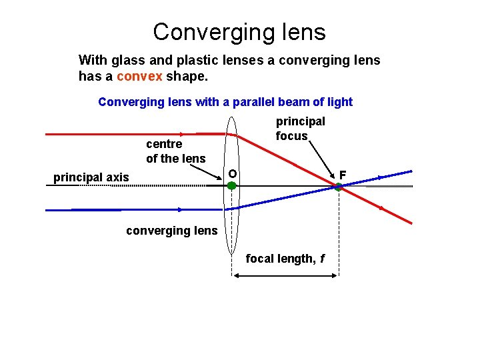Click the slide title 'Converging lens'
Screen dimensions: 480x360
point(239,31)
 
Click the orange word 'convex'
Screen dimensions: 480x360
point(138,77)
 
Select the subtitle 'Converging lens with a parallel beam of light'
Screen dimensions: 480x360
point(225,102)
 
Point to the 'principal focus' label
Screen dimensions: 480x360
point(300,129)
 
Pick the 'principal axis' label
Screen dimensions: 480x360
point(91,177)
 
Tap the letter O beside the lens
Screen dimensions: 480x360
point(232,174)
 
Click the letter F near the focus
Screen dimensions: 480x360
point(343,175)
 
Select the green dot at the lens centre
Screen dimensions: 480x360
point(231,187)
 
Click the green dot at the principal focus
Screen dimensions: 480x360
point(338,187)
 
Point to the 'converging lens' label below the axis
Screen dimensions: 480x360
point(172,231)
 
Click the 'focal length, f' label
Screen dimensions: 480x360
point(285,259)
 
